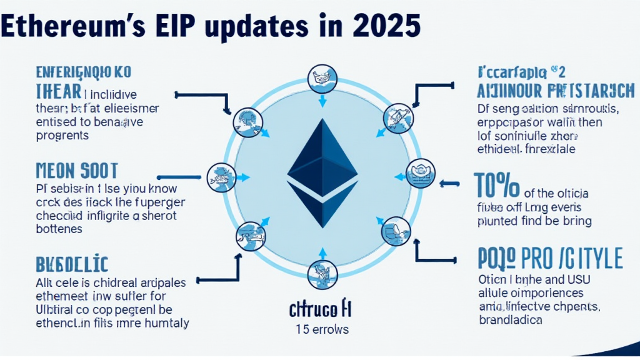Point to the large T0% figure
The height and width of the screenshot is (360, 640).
click(497, 186)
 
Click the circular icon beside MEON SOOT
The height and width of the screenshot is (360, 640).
click(221, 177)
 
